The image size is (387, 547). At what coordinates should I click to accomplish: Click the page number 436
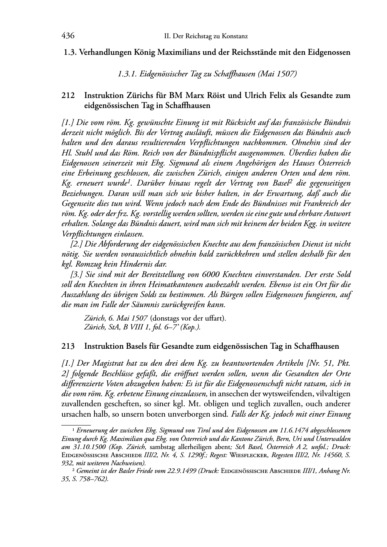[x=68, y=36]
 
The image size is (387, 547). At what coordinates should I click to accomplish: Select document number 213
[x=67, y=346]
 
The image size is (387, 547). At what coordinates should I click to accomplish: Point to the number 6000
[x=211, y=274]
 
